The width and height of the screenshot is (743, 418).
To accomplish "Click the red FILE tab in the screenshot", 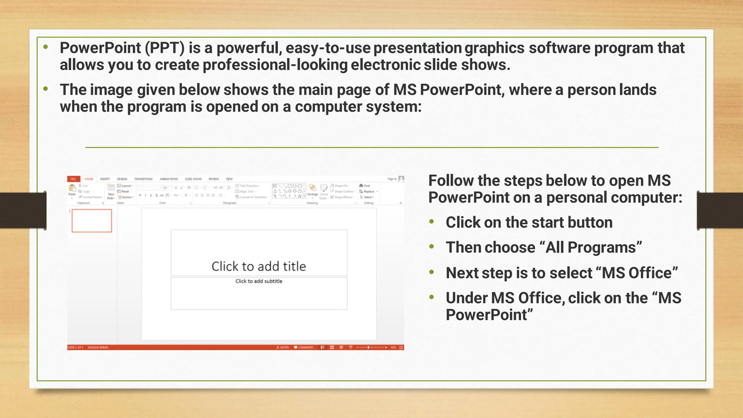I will click(73, 179).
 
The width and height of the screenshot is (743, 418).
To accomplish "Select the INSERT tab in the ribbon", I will click(105, 179).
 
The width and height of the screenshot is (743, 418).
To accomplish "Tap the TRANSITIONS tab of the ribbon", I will click(143, 179).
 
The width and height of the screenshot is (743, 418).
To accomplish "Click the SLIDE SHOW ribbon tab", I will click(193, 179).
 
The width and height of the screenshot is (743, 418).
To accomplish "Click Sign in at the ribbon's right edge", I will click(392, 179).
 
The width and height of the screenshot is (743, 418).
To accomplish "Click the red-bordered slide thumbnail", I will click(92, 221).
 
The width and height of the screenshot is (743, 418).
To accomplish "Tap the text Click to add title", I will click(259, 266).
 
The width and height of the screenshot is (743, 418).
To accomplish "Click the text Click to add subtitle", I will click(259, 281).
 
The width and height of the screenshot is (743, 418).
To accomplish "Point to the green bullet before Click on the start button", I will click(431, 222).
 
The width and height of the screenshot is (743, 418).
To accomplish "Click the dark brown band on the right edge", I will click(720, 210).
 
